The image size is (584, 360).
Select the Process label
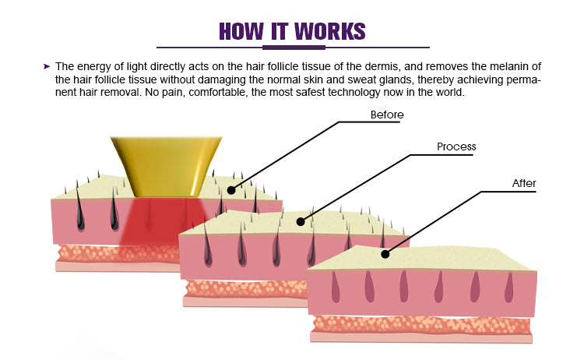tap(456, 146)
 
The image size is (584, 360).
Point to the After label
tap(524, 184)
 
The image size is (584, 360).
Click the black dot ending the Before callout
tap(231, 189)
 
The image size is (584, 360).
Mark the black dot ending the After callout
tap(384, 253)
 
